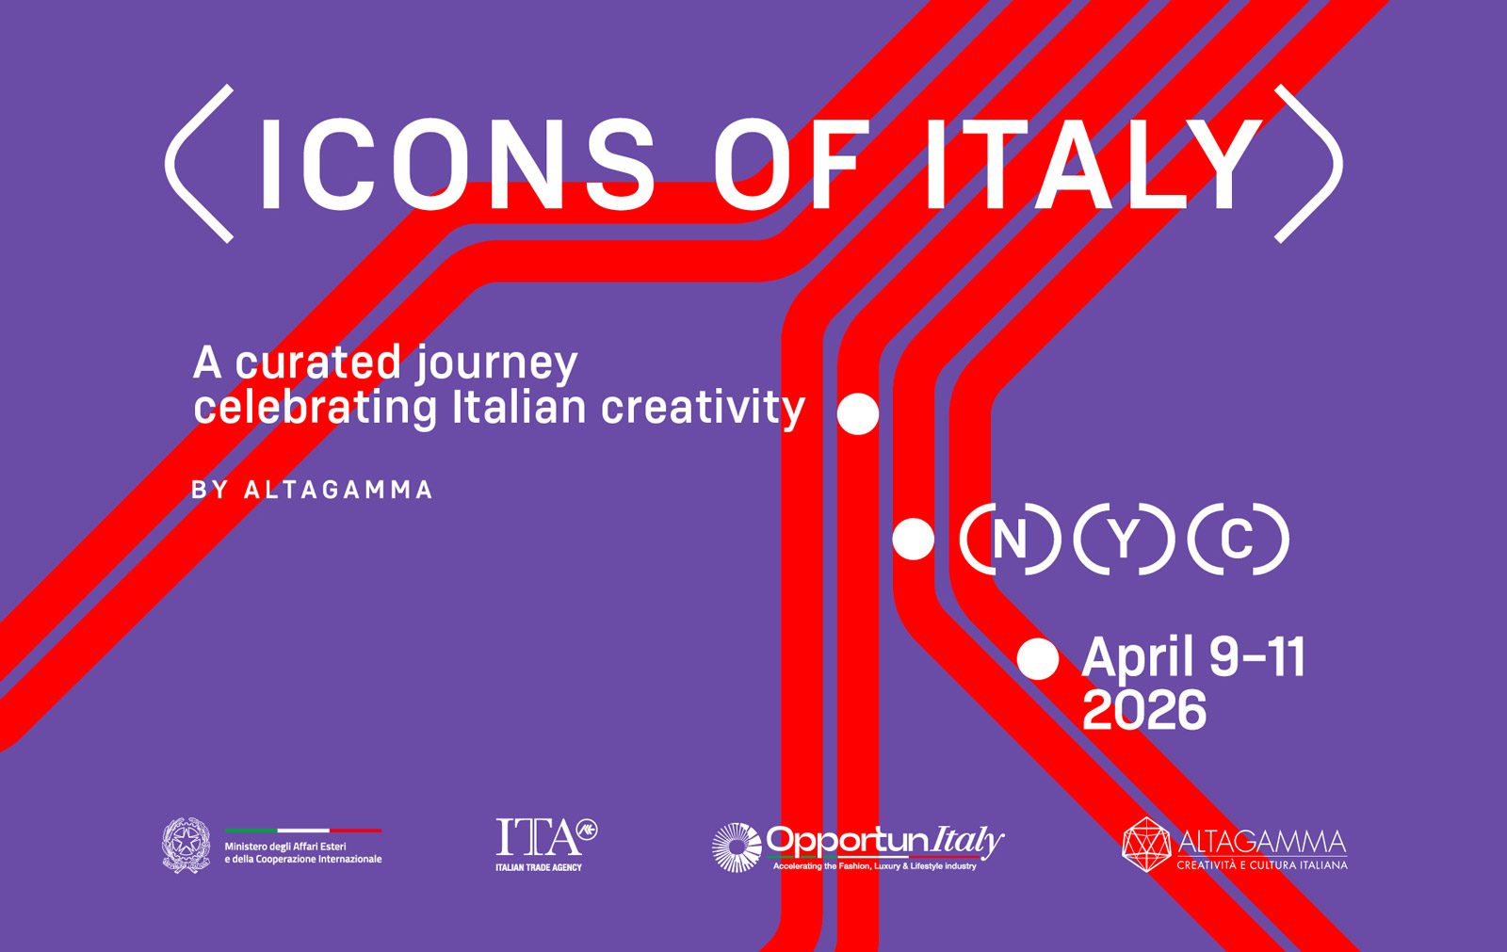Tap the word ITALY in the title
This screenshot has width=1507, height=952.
pos(1093,165)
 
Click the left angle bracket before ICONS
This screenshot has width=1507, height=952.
pos(199,164)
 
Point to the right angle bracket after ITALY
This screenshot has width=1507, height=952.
pos(1309,164)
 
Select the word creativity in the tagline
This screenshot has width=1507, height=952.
pos(703,408)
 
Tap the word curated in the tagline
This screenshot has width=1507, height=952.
pos(318,363)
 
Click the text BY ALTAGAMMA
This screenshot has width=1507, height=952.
pos(312,490)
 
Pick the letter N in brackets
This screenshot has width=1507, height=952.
pos(1010,540)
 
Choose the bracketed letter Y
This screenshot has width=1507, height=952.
pos(1123,540)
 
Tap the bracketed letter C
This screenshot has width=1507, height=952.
pos(1237,540)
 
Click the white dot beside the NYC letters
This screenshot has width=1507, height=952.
pos(913,540)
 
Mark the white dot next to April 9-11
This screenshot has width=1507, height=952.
pos(1038,658)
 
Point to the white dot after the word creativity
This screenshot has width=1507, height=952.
pos(858,413)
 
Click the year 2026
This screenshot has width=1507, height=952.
pos(1143,710)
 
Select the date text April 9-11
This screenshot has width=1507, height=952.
pos(1193,657)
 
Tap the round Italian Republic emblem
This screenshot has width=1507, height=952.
pos(186,845)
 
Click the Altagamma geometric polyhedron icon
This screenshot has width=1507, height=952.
pos(1146,845)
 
